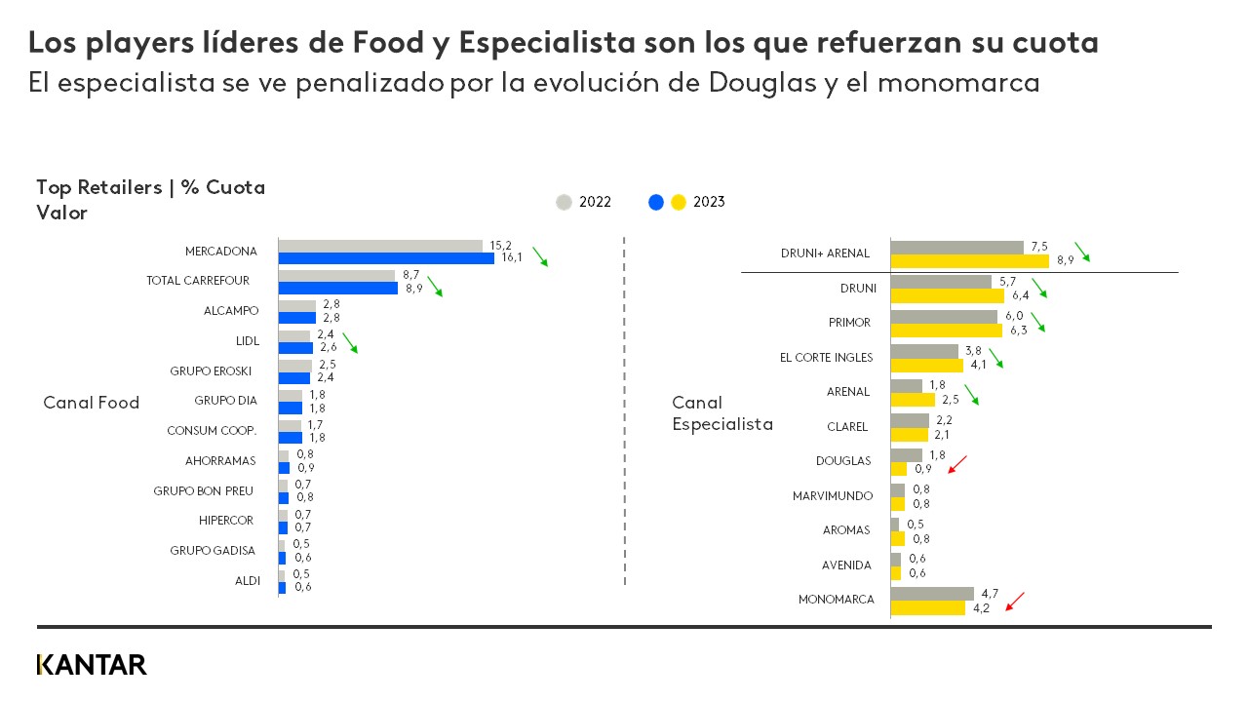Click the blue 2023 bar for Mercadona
(x=386, y=258)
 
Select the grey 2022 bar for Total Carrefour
(x=336, y=276)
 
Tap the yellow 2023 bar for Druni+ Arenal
(x=969, y=260)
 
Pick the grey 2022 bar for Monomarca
(x=932, y=593)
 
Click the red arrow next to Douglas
(x=957, y=463)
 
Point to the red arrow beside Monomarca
(x=1015, y=601)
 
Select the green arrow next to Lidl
(x=349, y=341)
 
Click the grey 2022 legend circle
(x=564, y=202)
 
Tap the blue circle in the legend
(x=656, y=202)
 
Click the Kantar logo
(x=92, y=665)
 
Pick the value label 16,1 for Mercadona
(x=513, y=258)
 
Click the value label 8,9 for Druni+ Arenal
(x=1065, y=261)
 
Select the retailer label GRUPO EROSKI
(x=211, y=370)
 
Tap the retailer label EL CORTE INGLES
(x=826, y=357)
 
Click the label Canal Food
(x=92, y=403)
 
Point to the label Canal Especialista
(x=721, y=413)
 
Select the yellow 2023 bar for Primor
(x=946, y=331)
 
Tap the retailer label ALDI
(x=248, y=580)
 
